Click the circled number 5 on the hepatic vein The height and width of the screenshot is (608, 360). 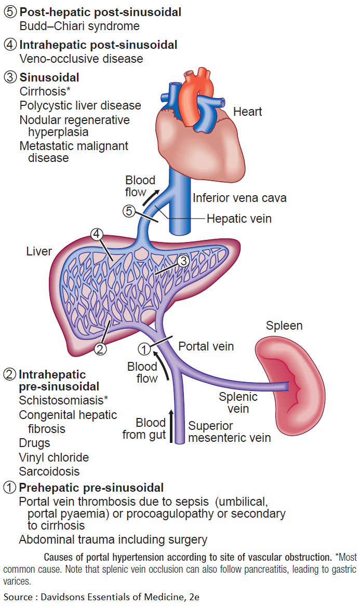pyautogui.click(x=129, y=211)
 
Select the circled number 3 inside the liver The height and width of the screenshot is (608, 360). pyautogui.click(x=183, y=261)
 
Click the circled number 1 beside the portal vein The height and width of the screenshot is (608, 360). pyautogui.click(x=146, y=348)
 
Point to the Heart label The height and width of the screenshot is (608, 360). pyautogui.click(x=247, y=112)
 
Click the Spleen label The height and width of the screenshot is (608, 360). pyautogui.click(x=284, y=326)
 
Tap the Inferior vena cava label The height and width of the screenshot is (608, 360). pyautogui.click(x=239, y=198)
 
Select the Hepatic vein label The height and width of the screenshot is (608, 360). pyautogui.click(x=239, y=219)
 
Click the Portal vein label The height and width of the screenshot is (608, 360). pyautogui.click(x=206, y=346)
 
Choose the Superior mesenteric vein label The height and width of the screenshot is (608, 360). pyautogui.click(x=229, y=432)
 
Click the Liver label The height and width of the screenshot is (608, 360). pyautogui.click(x=39, y=252)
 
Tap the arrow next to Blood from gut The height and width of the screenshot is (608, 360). pyautogui.click(x=171, y=428)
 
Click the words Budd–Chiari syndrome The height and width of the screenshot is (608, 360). pyautogui.click(x=79, y=25)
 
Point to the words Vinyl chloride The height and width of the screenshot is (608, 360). pyautogui.click(x=54, y=457)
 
